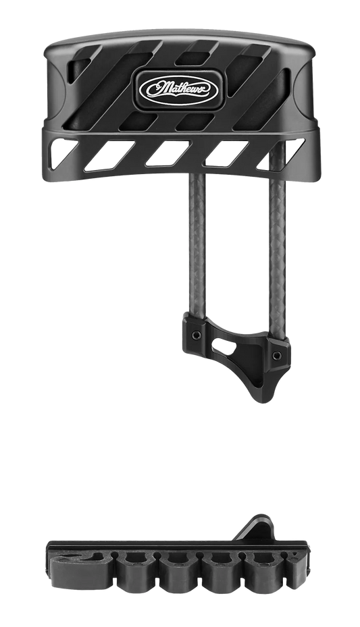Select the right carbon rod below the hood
pyautogui.click(x=277, y=240)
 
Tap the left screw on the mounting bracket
pyautogui.click(x=196, y=335)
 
